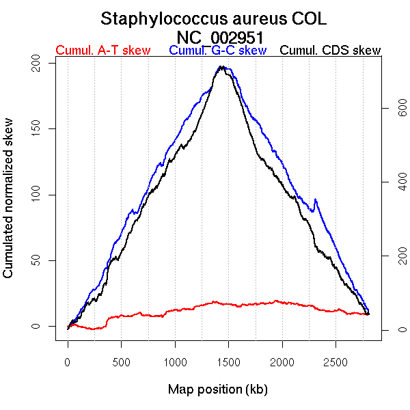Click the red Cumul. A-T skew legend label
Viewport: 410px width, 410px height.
[x=102, y=51]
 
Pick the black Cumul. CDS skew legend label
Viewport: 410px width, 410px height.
[x=331, y=51]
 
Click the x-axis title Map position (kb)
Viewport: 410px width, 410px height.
[x=217, y=389]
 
